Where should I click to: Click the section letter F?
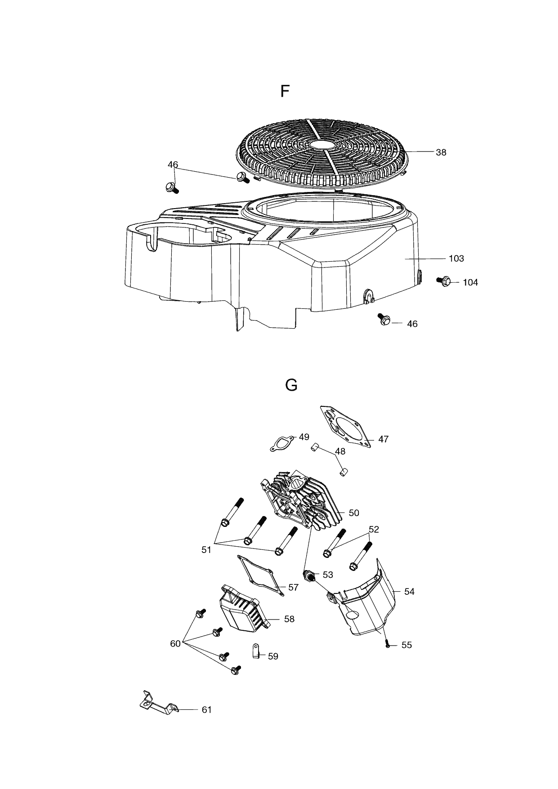[284, 91]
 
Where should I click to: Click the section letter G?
[291, 385]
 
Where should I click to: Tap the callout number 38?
[441, 152]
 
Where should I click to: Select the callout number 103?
[456, 259]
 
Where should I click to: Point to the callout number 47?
[383, 439]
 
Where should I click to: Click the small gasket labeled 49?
[281, 443]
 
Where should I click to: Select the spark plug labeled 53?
[308, 575]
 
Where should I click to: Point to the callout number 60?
[175, 644]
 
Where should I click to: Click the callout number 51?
[206, 550]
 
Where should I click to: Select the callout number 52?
[374, 530]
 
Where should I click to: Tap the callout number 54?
[409, 592]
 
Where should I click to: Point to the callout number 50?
[354, 513]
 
